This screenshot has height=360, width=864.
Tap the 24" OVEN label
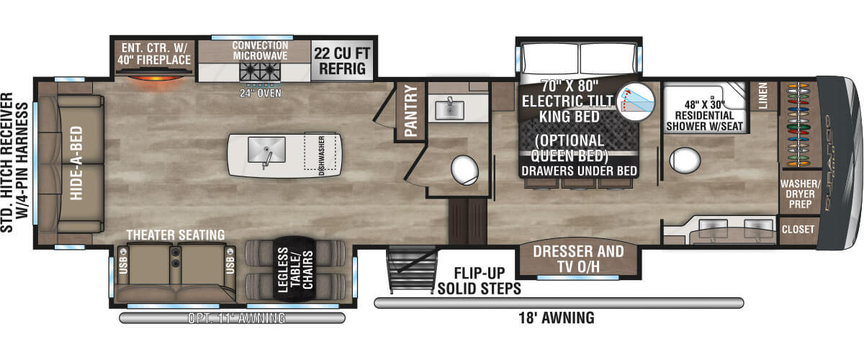[259, 92]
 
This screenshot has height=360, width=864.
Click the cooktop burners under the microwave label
[259, 71]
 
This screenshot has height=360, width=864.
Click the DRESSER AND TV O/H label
[580, 260]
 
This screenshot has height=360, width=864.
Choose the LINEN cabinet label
[763, 96]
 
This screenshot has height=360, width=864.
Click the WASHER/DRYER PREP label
[797, 194]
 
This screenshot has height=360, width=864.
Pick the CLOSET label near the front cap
[797, 230]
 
